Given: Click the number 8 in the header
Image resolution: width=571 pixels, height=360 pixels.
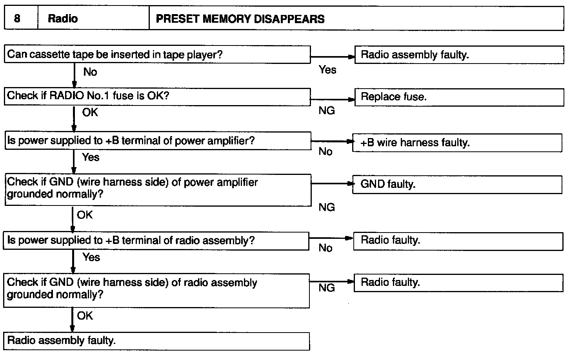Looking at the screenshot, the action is point(17,18).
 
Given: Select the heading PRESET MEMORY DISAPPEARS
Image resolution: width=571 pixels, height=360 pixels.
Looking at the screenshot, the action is point(240,19).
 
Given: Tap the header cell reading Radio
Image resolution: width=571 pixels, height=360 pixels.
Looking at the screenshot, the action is point(63,19).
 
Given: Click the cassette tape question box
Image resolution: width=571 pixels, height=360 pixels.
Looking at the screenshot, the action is point(157,55).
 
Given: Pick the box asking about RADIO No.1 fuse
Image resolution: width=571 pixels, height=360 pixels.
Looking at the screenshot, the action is point(157,96).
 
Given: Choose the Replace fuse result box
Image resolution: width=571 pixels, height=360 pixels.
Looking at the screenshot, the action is point(459,97).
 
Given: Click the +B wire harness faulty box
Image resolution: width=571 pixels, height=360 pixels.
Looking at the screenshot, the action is point(457,143).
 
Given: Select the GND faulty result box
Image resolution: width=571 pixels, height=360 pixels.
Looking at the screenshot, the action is point(457,184).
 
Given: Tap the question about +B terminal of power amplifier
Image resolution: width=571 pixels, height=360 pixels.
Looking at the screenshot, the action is point(157,141).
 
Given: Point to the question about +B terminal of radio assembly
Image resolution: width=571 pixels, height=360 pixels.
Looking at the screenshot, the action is point(156,240).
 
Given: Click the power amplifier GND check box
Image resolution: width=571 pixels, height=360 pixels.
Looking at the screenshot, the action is point(157,189).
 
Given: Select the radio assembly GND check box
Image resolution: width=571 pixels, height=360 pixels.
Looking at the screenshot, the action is point(156,290).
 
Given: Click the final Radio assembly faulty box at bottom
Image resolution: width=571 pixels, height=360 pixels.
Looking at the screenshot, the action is point(156,340).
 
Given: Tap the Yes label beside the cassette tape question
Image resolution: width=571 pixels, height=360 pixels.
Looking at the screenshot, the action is point(327,70).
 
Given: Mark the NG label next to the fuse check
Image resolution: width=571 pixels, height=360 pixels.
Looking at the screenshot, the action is point(327,111).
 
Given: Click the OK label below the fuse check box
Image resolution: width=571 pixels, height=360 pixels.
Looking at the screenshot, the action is point(90,113).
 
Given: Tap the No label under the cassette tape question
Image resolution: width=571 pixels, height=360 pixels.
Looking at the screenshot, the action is point(90,72).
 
